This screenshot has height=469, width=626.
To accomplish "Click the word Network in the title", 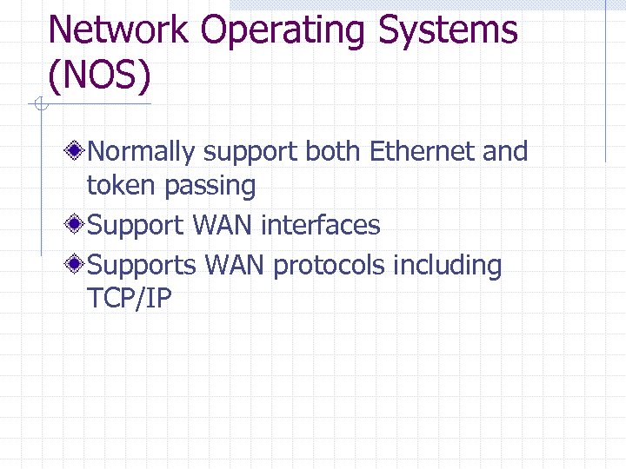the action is click(118, 30).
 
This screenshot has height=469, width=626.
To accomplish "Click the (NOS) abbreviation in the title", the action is click(100, 76).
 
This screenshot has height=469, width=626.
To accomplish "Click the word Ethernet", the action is click(423, 151).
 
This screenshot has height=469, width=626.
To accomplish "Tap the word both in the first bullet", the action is click(334, 151).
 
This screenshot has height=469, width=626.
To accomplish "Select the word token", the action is click(117, 185).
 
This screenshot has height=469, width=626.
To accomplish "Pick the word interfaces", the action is click(320, 225).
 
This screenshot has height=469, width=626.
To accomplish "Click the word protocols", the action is click(329, 265).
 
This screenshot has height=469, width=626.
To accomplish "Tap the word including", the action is click(448, 265).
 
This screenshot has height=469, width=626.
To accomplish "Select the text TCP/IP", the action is click(130, 298).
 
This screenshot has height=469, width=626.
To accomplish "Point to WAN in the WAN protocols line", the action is click(234, 264).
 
